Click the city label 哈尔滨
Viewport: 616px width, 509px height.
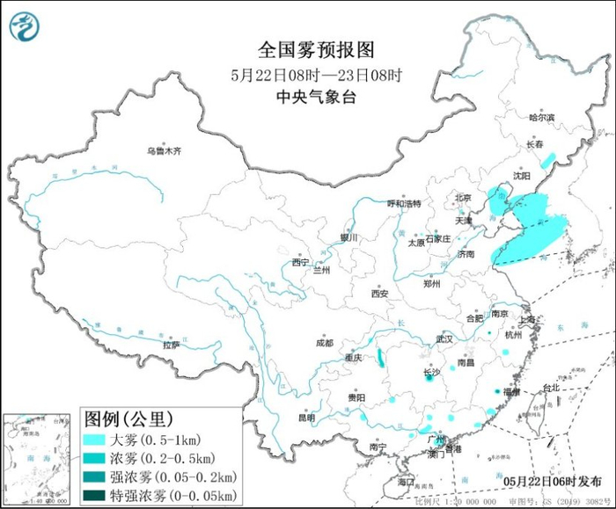[542, 117]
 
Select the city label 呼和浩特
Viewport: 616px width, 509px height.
[405, 203]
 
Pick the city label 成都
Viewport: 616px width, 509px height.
[325, 343]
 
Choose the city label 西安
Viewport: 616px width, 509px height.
[379, 294]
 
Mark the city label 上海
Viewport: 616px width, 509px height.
[528, 321]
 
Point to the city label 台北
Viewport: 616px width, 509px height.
[549, 387]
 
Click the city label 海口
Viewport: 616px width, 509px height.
[405, 482]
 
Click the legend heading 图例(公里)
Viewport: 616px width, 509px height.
[128, 418]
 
